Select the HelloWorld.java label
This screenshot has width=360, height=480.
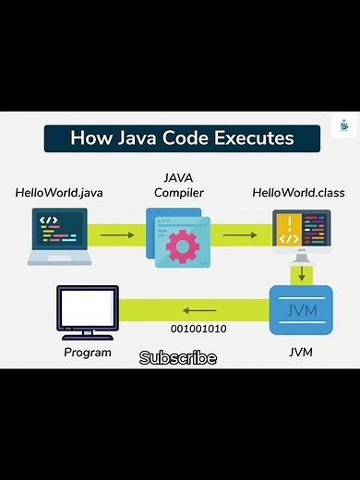tap(58, 193)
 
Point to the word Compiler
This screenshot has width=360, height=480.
tap(179, 193)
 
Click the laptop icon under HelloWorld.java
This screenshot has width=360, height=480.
tap(59, 235)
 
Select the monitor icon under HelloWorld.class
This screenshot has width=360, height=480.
tap(301, 235)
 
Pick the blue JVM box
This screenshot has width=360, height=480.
tap(301, 310)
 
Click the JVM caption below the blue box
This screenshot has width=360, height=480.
tap(302, 352)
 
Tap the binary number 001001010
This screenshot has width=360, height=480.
tap(198, 329)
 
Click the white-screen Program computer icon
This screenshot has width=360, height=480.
tap(88, 311)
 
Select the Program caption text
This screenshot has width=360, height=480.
tap(88, 352)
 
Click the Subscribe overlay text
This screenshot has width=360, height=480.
tap(178, 357)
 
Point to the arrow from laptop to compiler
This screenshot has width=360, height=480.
tap(116, 235)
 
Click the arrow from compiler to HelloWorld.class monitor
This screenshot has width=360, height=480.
tap(240, 235)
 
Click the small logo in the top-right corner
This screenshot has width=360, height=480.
tap(343, 126)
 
